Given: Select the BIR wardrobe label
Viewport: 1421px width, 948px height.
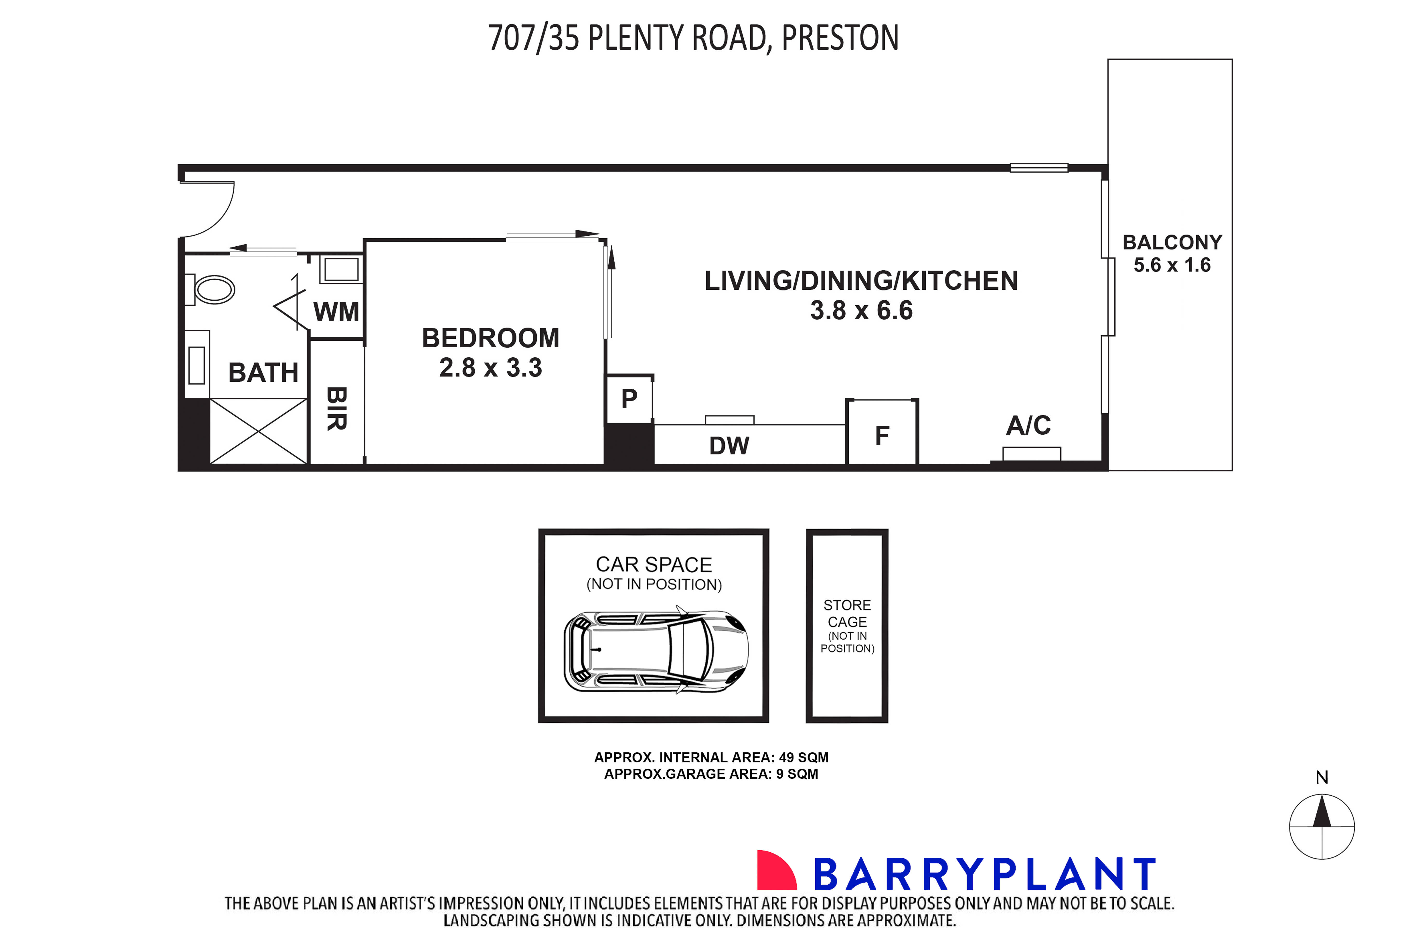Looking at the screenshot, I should click(x=337, y=409).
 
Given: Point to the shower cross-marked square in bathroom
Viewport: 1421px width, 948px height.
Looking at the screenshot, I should click(x=258, y=431).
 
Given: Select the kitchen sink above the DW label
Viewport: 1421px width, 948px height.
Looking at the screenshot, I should click(x=730, y=419).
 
